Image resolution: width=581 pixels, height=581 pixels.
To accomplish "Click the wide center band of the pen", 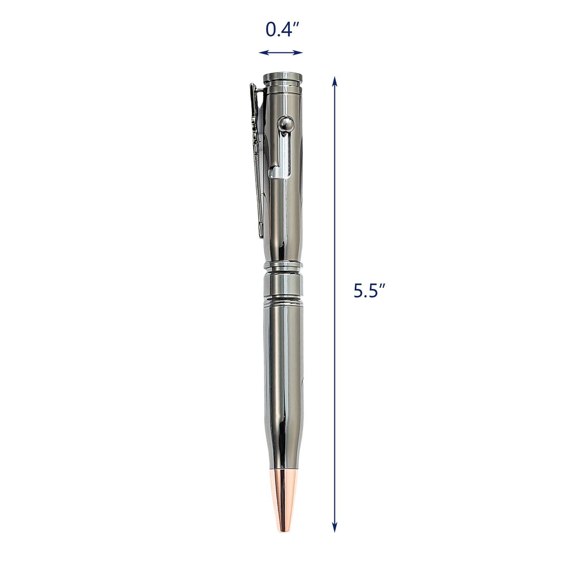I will click(x=282, y=285).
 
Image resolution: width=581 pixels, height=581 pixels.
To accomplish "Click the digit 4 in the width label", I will click(x=287, y=30).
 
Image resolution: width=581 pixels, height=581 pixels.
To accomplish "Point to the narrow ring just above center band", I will click(x=282, y=266).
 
